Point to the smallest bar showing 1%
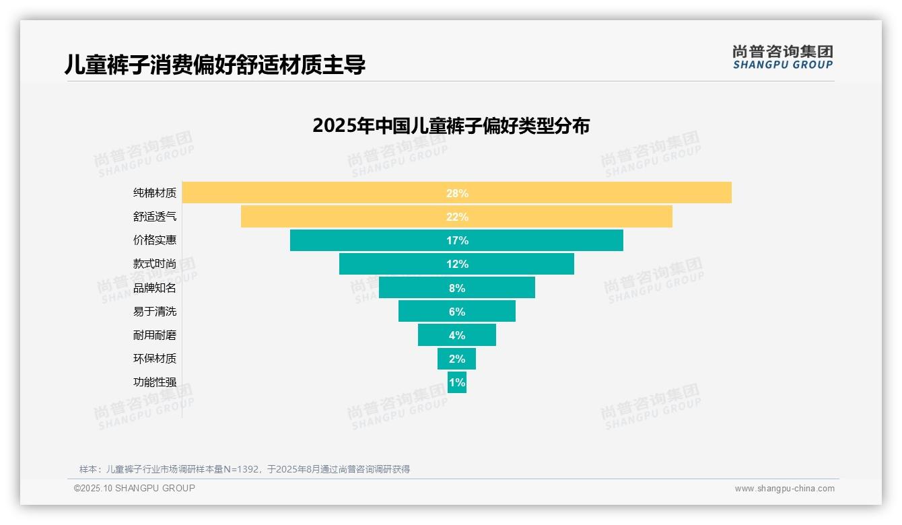pos(457,382)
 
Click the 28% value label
pos(457,193)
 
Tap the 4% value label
pos(457,335)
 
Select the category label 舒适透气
pos(155,217)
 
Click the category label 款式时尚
pos(155,264)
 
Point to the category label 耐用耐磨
pos(155,335)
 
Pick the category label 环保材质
pos(155,359)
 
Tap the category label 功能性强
pos(155,382)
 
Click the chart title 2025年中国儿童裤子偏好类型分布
pos(451,126)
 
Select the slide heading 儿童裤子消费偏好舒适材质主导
pos(215,65)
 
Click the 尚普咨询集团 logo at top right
pos(782,57)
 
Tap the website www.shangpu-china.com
pos(784,489)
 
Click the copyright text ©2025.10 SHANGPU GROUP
pos(135,489)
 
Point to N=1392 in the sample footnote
pos(238,469)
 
